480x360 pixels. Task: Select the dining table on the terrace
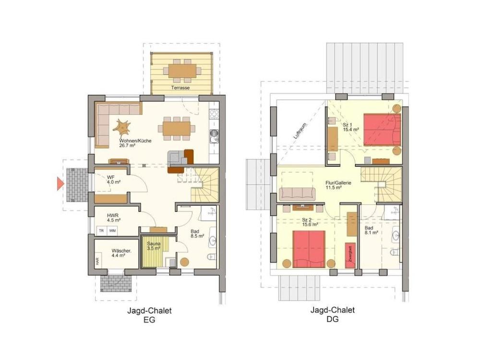(x=182, y=71)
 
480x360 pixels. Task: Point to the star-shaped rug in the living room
(x=122, y=127)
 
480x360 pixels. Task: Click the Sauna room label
(x=153, y=245)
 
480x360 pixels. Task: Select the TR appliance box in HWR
(x=101, y=231)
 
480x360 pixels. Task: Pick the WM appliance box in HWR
(x=112, y=231)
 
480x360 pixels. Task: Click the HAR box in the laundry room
(x=97, y=262)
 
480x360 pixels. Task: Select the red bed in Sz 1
(x=382, y=130)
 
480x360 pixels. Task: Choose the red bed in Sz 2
(x=309, y=249)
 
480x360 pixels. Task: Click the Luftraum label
(x=300, y=131)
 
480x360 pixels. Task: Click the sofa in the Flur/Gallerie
(x=298, y=193)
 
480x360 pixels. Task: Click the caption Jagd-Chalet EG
(x=149, y=315)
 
